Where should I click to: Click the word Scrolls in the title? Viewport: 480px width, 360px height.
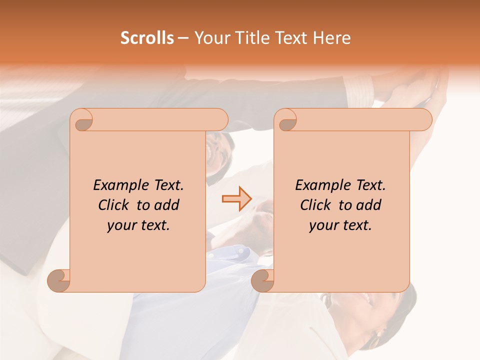pos(147,38)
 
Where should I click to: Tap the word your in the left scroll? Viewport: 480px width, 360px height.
pos(120,225)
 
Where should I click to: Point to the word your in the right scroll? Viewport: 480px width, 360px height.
pos(322,225)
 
